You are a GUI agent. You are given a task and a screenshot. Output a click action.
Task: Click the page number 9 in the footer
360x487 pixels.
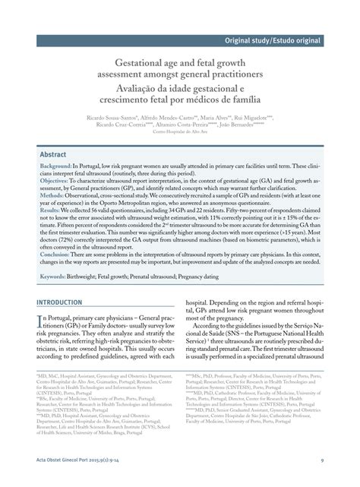(322, 459)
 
